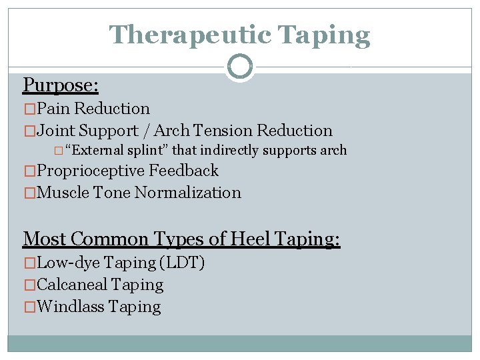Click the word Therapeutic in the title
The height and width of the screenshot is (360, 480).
192,35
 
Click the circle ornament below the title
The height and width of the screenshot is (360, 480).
240,67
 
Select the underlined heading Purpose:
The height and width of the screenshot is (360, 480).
61,85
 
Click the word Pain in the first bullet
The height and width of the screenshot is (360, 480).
54,109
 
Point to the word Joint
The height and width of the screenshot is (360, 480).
59,131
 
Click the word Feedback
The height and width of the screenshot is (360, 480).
183,171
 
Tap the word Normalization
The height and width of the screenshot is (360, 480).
187,193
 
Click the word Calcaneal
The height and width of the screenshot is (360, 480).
73,285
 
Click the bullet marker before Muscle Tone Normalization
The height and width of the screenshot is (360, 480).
29,193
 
